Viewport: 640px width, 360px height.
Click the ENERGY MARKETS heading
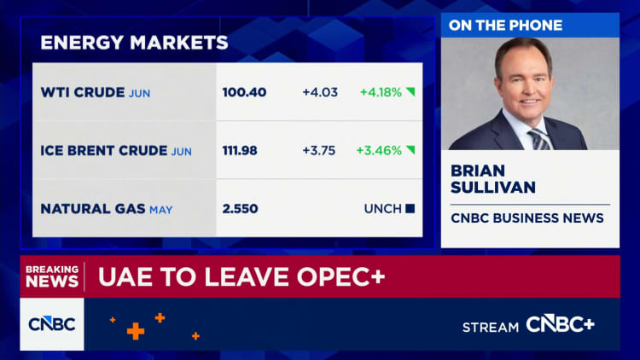(134, 42)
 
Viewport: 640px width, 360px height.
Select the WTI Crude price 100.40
(244, 92)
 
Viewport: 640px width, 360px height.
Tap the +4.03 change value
(319, 92)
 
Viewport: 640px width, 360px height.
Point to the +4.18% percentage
(380, 92)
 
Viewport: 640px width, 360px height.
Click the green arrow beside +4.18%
(410, 92)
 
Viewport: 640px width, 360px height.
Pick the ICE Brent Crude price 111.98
(244, 151)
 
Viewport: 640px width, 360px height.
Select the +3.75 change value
(319, 151)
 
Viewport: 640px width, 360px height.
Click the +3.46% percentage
(380, 151)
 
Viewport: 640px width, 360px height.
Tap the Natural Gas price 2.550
(240, 208)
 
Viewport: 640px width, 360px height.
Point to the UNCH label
(381, 208)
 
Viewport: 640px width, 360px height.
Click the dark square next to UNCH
(410, 208)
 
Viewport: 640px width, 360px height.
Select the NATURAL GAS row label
(93, 208)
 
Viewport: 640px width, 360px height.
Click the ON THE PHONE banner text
(506, 26)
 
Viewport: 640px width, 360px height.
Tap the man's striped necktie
(539, 139)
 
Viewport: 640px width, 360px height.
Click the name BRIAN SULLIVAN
(491, 179)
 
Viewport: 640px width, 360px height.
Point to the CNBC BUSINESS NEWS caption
(527, 218)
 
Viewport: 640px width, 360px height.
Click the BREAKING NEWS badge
(52, 276)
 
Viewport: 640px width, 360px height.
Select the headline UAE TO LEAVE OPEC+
(241, 276)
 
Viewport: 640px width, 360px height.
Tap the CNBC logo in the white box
(52, 323)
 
